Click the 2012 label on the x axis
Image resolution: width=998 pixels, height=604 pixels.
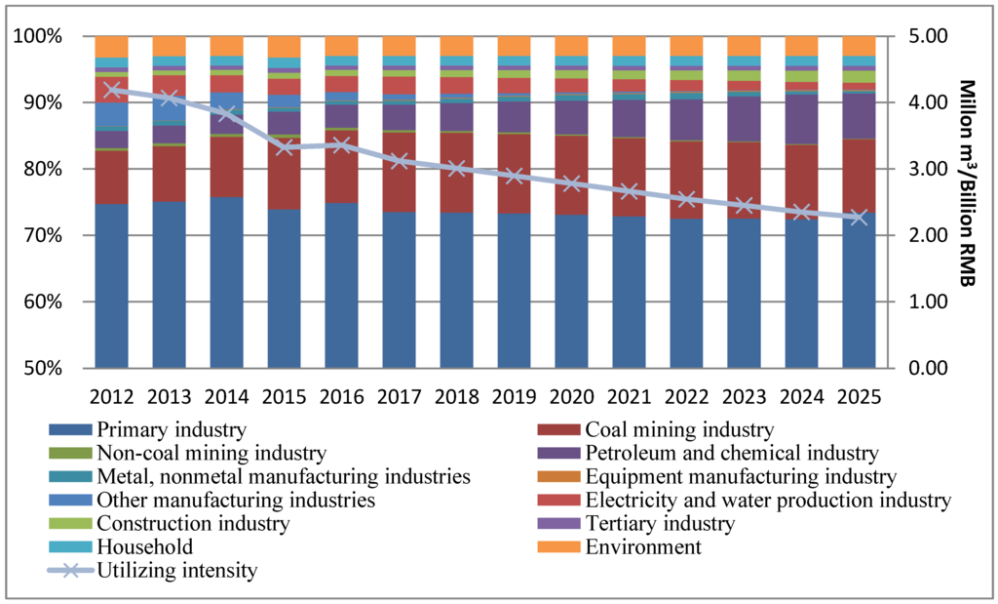pos(112,397)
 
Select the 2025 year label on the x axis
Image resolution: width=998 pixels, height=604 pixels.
pos(859,397)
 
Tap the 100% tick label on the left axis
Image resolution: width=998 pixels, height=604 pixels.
pos(38,37)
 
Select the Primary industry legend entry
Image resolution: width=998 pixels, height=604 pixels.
pos(171,429)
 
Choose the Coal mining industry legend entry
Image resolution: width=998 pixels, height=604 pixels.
pos(679,429)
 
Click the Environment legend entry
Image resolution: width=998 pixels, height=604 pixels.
pos(642,546)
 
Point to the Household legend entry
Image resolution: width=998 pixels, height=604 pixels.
pos(144,546)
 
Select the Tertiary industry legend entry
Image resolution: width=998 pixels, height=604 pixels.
pos(660,523)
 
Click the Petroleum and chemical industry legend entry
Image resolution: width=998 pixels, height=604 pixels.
pos(732,453)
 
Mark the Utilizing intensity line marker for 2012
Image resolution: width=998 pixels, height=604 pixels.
pos(112,90)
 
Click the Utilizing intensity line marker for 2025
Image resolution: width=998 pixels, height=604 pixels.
pos(859,218)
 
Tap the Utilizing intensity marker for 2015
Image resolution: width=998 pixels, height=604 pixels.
pos(285,147)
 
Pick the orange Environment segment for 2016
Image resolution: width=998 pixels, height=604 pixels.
pos(342,46)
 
